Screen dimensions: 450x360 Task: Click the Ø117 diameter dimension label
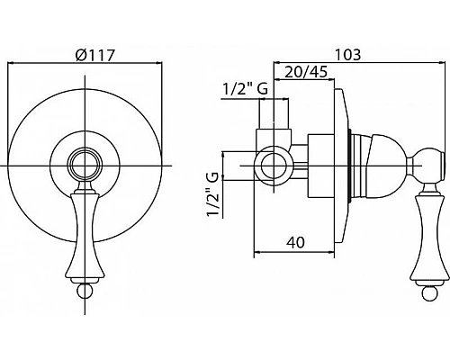coord(95,55)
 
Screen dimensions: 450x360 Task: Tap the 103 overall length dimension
coord(347,55)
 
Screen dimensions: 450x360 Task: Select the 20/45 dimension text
coord(305,72)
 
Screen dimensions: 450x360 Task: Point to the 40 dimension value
coord(294,242)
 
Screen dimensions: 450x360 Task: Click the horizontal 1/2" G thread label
coord(245,89)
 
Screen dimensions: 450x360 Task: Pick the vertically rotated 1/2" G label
coord(212,194)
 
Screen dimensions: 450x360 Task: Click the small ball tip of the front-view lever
coord(85,291)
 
